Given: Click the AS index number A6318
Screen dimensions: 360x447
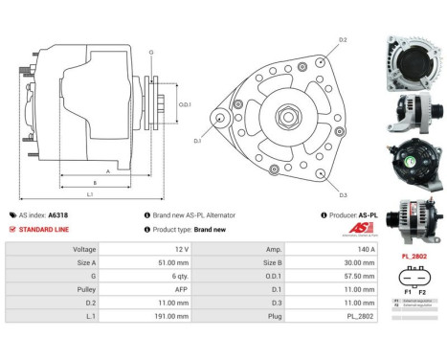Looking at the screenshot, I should (x=56, y=215).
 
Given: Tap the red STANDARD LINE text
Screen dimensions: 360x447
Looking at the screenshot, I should (x=42, y=230).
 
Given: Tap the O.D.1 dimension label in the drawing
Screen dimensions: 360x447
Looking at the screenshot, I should (x=188, y=103).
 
